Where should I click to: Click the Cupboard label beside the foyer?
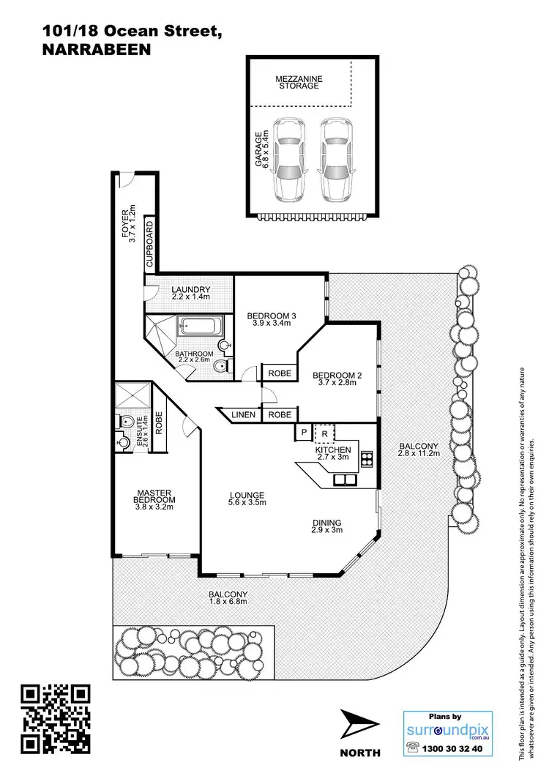[x=149, y=242]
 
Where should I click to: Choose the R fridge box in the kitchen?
[x=324, y=433]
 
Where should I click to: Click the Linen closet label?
[x=244, y=415]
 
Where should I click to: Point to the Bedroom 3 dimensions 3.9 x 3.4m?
[x=271, y=324]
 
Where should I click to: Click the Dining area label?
[x=326, y=522]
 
